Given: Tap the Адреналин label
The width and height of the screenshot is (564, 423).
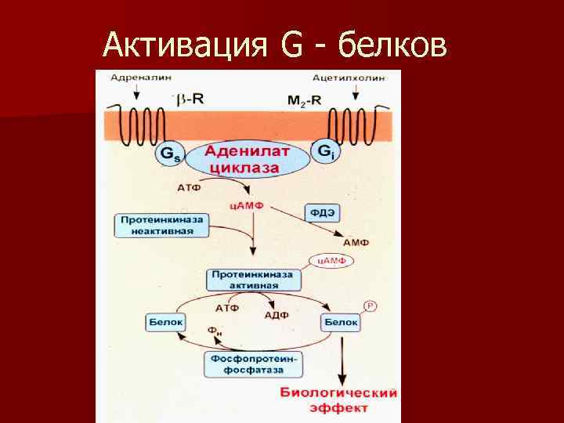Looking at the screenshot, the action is (132, 78).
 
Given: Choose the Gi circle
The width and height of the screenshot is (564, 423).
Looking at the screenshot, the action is (324, 150).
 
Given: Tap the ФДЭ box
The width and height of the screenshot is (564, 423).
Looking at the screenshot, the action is (322, 212).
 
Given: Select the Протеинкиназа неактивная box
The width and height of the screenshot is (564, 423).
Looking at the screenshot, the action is (161, 226).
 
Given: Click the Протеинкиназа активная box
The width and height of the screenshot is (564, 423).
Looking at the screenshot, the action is (251, 280).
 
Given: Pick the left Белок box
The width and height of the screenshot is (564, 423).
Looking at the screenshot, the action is (165, 321).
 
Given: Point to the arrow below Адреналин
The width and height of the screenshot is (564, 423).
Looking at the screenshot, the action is (137, 92).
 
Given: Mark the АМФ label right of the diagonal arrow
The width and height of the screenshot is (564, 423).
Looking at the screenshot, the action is (356, 244).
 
